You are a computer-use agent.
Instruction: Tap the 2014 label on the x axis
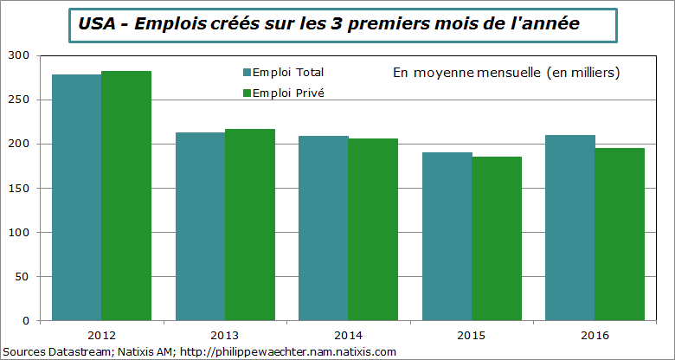point(348,335)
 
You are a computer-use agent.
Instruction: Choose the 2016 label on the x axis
point(595,335)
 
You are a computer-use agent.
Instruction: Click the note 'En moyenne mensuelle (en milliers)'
point(506,73)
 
